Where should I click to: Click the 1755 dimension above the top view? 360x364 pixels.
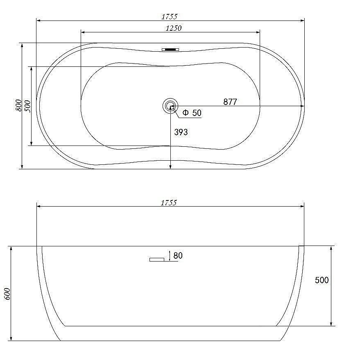[x=169, y=17]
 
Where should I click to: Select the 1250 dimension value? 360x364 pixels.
[x=174, y=28]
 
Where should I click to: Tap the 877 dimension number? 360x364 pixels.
[x=230, y=102]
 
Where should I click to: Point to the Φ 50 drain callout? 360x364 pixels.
[x=192, y=113]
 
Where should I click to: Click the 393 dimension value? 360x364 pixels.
[x=181, y=132]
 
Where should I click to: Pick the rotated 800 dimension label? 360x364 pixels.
[x=18, y=105]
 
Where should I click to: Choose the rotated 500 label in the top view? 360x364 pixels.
[x=27, y=106]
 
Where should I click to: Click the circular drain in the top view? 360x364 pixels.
[x=170, y=106]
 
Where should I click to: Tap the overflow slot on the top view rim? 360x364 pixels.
[x=170, y=50]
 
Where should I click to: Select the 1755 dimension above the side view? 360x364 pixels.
[x=169, y=203]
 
